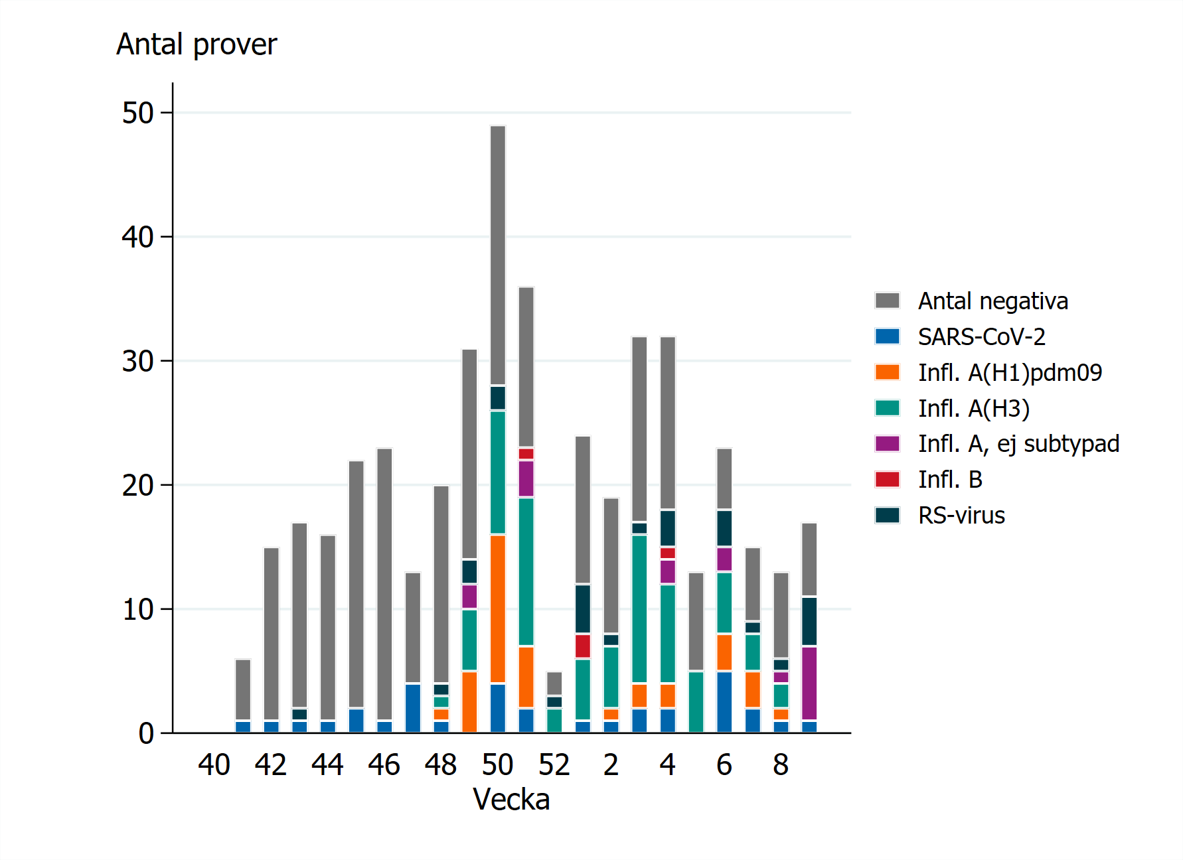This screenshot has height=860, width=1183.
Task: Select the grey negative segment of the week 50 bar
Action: click(x=498, y=255)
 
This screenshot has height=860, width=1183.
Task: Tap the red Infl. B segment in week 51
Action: click(x=526, y=454)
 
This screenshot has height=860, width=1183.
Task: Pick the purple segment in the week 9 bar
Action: click(x=809, y=683)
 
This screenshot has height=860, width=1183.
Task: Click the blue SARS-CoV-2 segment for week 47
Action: click(x=413, y=708)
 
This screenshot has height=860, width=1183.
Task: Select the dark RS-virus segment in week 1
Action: click(x=583, y=609)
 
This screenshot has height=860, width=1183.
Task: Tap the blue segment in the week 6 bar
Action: click(x=724, y=702)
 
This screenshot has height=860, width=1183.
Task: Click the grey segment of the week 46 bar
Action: click(x=384, y=584)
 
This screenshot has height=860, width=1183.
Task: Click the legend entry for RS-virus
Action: click(x=961, y=516)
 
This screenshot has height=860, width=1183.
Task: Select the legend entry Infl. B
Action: click(x=950, y=480)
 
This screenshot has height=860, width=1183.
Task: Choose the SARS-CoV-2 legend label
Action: click(x=981, y=337)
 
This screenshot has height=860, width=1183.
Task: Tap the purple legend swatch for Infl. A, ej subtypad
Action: click(x=888, y=444)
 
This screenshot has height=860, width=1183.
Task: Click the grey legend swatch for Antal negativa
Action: click(x=888, y=301)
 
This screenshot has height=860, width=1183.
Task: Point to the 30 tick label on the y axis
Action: click(x=138, y=362)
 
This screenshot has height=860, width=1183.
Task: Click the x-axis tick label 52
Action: click(x=554, y=765)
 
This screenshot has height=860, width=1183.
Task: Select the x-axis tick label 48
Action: click(x=441, y=765)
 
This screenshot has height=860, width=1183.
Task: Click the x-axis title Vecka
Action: click(x=511, y=800)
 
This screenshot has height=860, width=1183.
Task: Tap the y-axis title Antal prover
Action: click(x=197, y=45)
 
